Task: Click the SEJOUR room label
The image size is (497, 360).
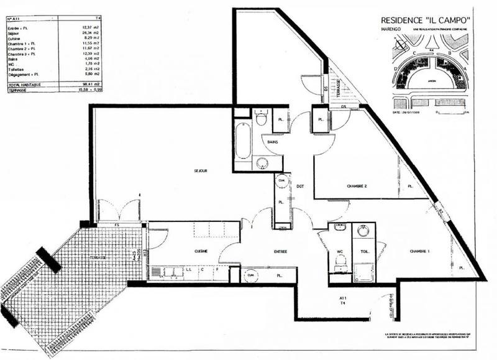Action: point(200,170)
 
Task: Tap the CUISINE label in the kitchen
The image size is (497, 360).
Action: point(200,251)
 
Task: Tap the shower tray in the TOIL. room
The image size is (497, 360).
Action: point(362,269)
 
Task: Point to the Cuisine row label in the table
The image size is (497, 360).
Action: point(14,39)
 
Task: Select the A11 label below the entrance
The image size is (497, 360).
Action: point(342,298)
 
